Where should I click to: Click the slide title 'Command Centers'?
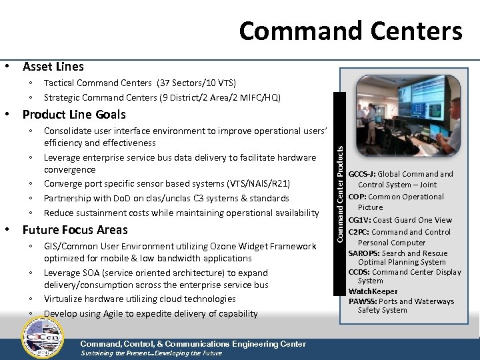pyautogui.click(x=350, y=31)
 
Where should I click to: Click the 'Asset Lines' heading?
pyautogui.click(x=53, y=67)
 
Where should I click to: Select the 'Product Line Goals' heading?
pyautogui.click(x=74, y=115)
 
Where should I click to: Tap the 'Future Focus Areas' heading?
pyautogui.click(x=75, y=230)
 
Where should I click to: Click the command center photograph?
pyautogui.click(x=407, y=121)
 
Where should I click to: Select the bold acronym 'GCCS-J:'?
pyautogui.click(x=362, y=175)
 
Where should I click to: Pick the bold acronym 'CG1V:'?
pyautogui.click(x=361, y=220)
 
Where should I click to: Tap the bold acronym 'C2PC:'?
pyautogui.click(x=360, y=232)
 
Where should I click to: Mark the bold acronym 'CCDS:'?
pyautogui.click(x=360, y=272)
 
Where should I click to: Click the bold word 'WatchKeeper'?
pyautogui.click(x=373, y=291)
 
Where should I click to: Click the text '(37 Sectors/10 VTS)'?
pyautogui.click(x=197, y=83)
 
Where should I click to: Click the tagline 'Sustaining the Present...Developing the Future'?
pyautogui.click(x=151, y=353)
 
